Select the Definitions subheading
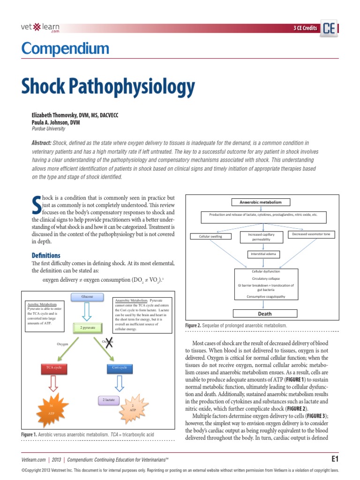tap(46, 255)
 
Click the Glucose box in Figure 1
tap(87, 297)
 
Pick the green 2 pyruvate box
tap(87, 328)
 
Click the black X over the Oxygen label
tap(109, 343)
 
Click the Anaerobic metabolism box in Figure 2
tap(261, 202)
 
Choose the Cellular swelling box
tap(210, 236)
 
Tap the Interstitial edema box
tap(264, 254)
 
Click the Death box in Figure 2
tap(265, 314)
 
